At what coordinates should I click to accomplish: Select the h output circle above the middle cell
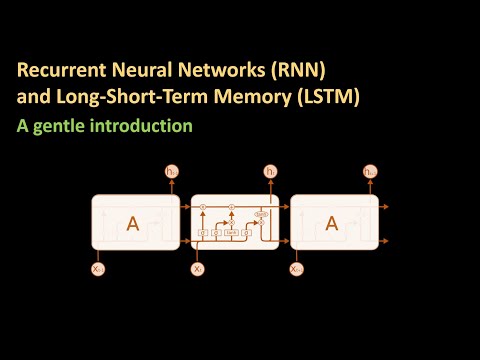pos(270,173)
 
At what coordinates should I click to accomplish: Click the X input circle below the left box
pos(97,269)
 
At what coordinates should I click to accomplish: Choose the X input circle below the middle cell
pos(197,269)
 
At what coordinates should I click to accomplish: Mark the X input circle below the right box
pos(296,269)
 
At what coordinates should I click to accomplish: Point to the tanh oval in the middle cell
pos(261,214)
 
